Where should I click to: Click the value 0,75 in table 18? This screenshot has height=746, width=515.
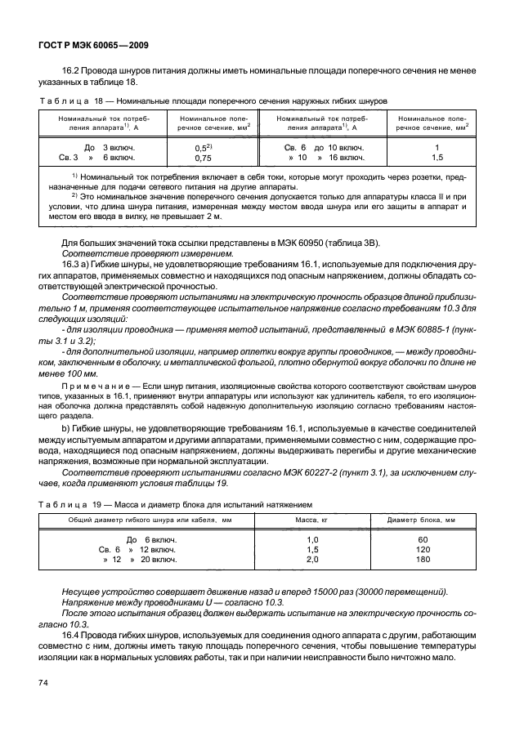(204, 158)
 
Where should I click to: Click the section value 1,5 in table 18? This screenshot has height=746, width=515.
(437, 157)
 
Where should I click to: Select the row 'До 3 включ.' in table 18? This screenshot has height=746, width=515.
(99, 146)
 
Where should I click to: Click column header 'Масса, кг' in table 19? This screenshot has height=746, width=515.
(311, 520)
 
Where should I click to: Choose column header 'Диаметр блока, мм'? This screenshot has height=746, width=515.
(422, 520)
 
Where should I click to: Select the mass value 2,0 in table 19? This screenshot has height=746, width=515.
(311, 560)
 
